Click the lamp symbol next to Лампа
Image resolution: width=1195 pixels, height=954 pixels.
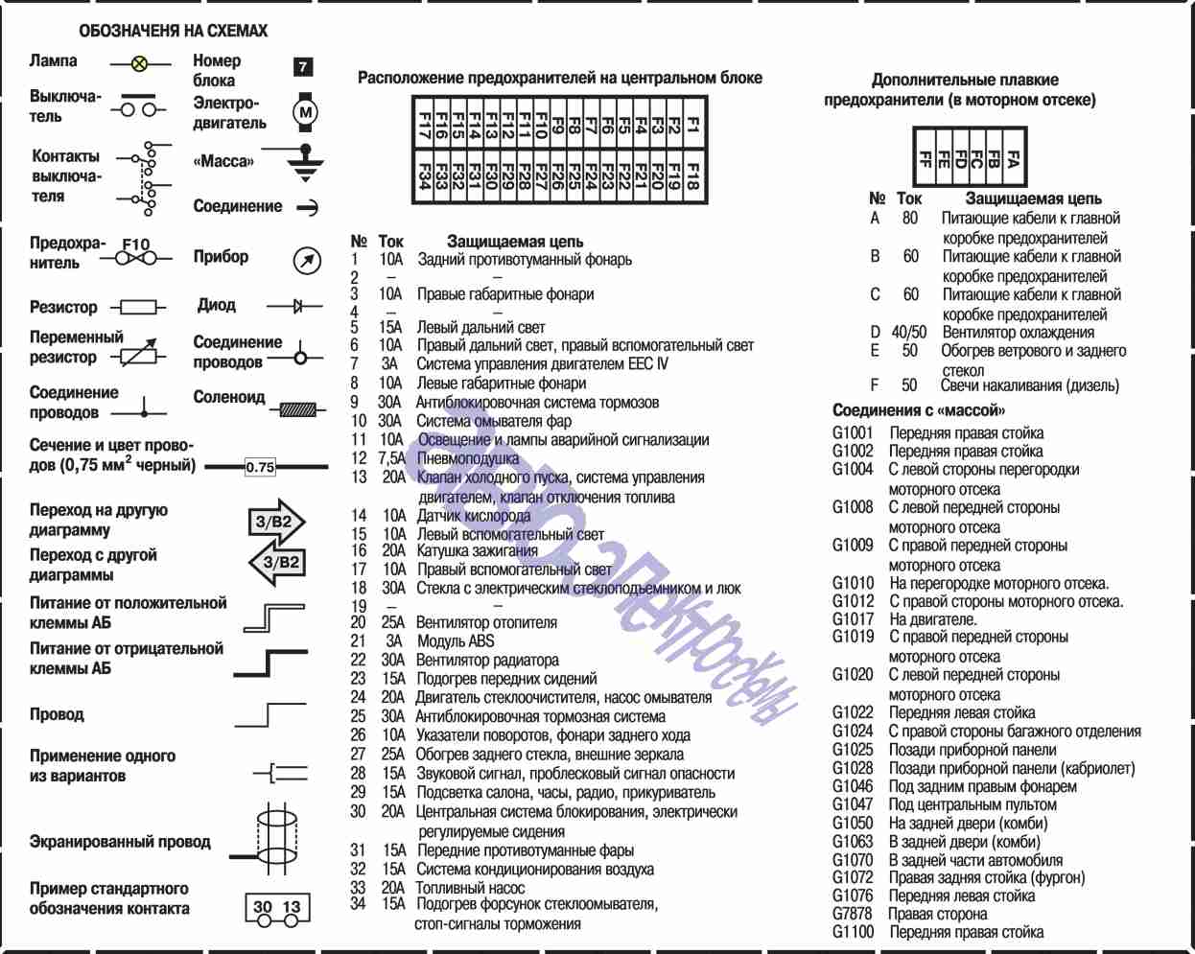tap(140, 64)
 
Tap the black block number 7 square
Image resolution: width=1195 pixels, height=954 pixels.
tap(303, 66)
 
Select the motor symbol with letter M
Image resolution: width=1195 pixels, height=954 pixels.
tap(305, 112)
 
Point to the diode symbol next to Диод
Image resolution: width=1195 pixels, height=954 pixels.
tap(296, 306)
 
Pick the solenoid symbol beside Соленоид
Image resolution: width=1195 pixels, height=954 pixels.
tap(298, 409)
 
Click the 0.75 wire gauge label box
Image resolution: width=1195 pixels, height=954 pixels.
tap(260, 467)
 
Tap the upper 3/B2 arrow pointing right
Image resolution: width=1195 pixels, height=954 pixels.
tap(276, 522)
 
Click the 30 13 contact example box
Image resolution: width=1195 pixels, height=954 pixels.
tap(277, 907)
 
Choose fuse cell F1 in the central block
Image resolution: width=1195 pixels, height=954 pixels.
tap(692, 126)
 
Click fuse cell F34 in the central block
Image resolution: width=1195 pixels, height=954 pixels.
tap(424, 177)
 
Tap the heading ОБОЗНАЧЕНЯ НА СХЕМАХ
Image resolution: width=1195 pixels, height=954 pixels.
tap(173, 31)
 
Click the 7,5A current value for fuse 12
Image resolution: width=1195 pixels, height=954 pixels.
tap(391, 458)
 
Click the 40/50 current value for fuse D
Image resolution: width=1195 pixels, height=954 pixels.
tap(908, 332)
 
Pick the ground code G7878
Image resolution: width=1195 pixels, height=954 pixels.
tap(852, 913)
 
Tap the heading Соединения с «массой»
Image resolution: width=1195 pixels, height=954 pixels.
tap(918, 410)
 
